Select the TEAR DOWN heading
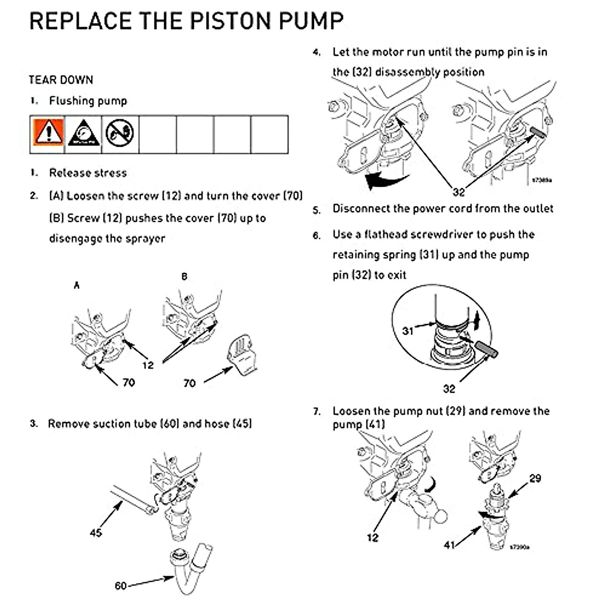(61, 80)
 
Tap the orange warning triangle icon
(48, 134)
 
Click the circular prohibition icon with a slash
(120, 133)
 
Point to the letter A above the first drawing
(77, 286)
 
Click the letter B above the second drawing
(184, 277)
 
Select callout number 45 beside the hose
(95, 532)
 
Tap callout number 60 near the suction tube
(121, 586)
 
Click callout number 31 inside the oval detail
(408, 331)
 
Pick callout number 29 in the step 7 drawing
(535, 478)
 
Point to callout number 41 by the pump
(449, 544)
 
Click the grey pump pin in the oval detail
(485, 348)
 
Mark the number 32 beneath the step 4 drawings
(458, 192)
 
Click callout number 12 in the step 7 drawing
(372, 538)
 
